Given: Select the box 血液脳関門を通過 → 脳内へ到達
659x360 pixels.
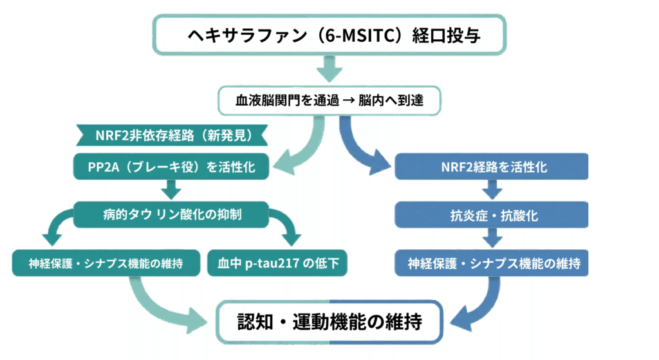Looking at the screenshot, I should pos(329,101).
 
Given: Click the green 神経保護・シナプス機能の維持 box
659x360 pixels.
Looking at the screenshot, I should pos(107,263).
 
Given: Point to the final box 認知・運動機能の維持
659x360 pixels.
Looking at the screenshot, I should pos(329,320).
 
